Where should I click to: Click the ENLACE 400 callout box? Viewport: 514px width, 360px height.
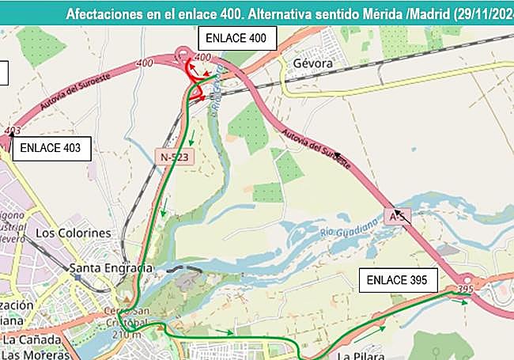[x=236, y=38]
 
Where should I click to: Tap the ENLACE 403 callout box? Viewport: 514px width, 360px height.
[x=50, y=146]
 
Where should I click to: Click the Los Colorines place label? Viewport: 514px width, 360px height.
[x=74, y=233]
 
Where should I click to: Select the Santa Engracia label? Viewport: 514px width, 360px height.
[x=111, y=267]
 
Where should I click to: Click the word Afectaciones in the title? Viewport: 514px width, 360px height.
[x=104, y=13]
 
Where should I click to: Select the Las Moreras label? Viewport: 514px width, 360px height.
[x=35, y=354]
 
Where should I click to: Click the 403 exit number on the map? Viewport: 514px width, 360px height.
[x=13, y=130]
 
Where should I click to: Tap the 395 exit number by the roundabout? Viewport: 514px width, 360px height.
[x=465, y=290]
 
